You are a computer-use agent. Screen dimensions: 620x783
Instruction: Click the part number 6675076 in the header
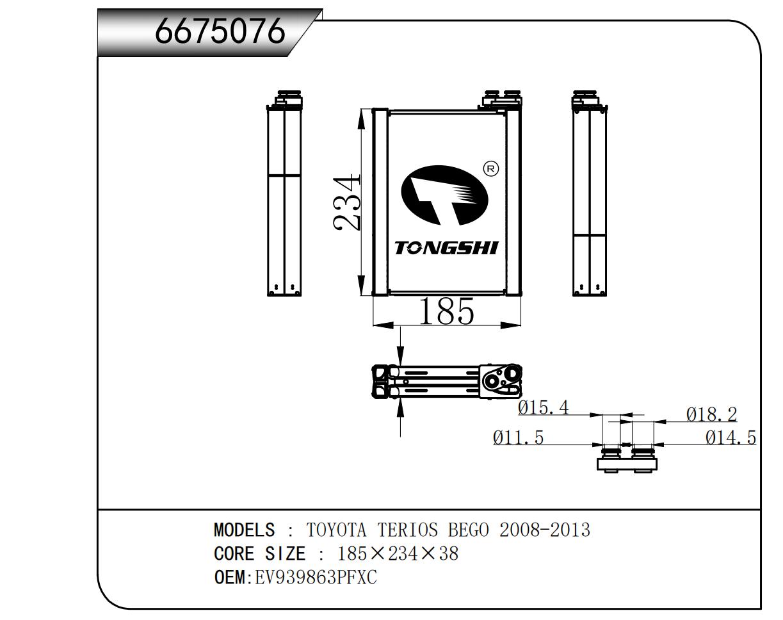[x=219, y=30]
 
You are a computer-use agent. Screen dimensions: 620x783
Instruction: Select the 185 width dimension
[x=446, y=312]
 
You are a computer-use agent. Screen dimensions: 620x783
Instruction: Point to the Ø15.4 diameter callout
[x=543, y=408]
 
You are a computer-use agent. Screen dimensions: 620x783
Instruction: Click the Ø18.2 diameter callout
[x=711, y=415]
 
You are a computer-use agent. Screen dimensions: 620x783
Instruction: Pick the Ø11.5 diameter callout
[x=518, y=438]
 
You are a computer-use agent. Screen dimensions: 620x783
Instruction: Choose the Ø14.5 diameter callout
[x=731, y=438]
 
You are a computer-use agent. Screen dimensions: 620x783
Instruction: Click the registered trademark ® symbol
[x=490, y=169]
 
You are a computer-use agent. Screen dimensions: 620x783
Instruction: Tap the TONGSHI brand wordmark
[x=446, y=248]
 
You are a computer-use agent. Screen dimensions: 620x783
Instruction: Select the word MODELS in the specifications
[x=244, y=530]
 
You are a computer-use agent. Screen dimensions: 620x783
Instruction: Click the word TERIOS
[x=408, y=530]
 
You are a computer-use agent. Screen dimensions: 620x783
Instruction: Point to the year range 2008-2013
[x=544, y=530]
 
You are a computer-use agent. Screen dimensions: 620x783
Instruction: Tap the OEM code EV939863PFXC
[x=316, y=578]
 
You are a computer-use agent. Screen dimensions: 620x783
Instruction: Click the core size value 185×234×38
[x=398, y=554]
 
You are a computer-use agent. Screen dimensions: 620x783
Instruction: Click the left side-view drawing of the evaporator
[x=284, y=195]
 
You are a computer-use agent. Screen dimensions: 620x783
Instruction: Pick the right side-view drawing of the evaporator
[x=589, y=195]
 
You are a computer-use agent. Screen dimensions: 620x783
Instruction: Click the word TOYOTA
[x=337, y=530]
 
